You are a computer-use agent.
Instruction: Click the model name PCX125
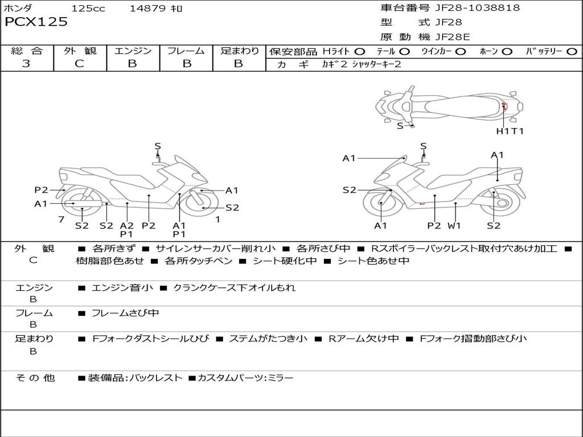36,22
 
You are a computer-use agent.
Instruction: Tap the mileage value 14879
147,9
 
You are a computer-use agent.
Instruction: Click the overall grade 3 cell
27,64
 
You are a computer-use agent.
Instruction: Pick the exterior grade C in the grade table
80,64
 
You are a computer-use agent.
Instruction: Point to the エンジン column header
133,51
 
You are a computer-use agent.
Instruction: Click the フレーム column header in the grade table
186,51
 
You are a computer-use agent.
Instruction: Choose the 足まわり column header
239,51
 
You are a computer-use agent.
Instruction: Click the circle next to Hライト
359,52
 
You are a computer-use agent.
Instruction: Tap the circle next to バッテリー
572,52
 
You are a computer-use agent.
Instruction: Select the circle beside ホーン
507,52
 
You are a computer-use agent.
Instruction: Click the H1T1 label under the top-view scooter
510,131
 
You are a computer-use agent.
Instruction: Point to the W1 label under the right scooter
454,225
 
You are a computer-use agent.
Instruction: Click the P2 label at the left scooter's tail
41,190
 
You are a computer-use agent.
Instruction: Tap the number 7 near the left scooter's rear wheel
61,219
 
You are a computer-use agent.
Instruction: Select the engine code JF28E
453,37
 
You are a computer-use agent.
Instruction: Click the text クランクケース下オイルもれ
234,288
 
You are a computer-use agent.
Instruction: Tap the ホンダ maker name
18,9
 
